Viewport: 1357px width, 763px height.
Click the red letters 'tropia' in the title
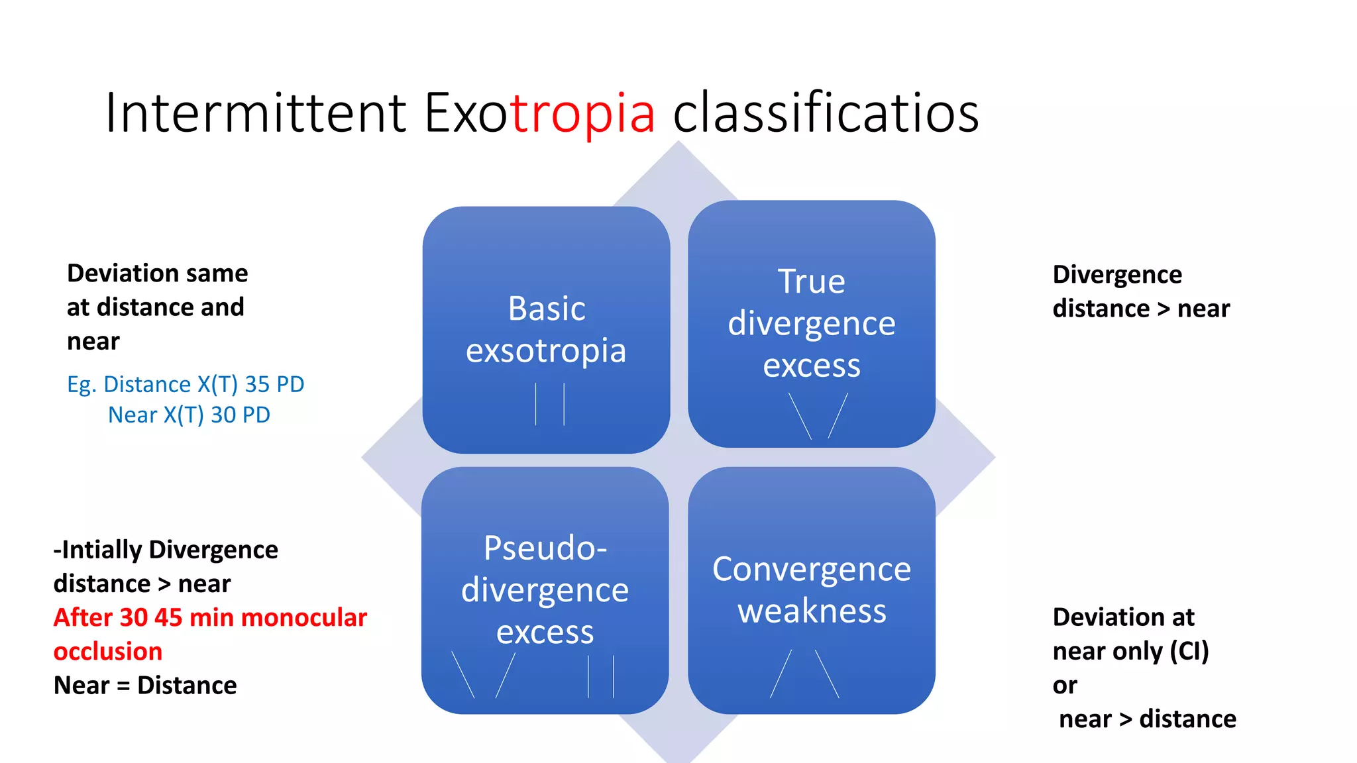[582, 113]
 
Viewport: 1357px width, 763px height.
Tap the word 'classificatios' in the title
[826, 113]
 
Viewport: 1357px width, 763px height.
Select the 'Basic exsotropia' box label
[546, 329]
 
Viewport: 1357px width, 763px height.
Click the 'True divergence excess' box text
[811, 323]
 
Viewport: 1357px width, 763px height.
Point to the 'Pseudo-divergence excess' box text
[545, 589]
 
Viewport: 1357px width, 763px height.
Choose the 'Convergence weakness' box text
[812, 589]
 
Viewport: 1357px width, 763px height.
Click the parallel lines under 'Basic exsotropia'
[550, 404]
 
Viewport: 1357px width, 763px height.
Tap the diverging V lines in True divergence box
[819, 416]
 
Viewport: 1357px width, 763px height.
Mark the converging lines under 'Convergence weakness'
[804, 674]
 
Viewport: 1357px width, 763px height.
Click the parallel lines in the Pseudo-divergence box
[601, 676]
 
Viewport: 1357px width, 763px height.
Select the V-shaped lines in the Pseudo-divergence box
[484, 675]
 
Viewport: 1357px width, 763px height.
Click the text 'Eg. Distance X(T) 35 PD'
[186, 384]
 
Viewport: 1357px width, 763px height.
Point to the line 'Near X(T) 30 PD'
[189, 415]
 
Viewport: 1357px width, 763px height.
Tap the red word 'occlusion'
[108, 651]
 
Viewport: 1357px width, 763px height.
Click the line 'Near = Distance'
[145, 685]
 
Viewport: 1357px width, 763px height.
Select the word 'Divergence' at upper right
[1117, 274]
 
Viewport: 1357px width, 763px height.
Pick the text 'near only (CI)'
[1130, 651]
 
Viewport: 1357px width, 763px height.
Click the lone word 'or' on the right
[1065, 686]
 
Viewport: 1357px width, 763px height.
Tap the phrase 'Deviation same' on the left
[158, 273]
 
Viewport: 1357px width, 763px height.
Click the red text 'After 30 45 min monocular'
[210, 617]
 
